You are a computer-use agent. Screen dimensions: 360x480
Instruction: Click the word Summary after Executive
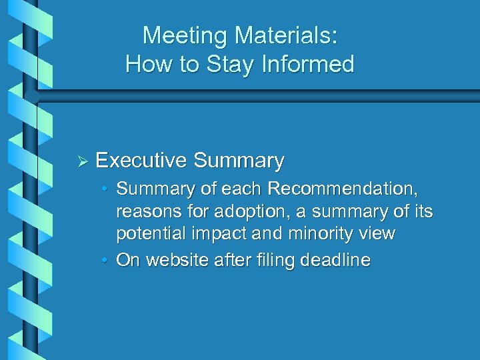(x=239, y=161)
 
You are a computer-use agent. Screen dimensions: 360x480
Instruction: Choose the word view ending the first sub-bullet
(x=377, y=234)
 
